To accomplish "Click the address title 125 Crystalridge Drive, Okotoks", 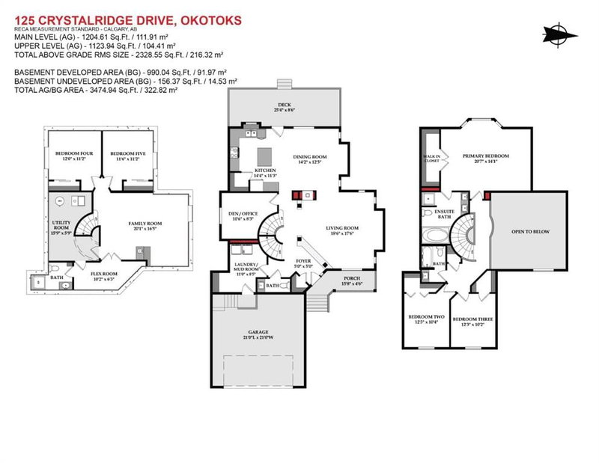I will pos(128,21).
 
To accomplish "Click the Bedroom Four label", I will pos(72,156).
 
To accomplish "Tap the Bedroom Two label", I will pos(426,319).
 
